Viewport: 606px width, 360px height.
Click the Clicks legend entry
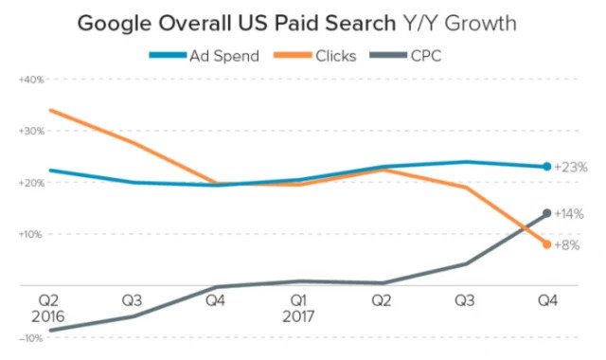click(322, 54)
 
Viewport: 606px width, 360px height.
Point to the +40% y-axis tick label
click(30, 80)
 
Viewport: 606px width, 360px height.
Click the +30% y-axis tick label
click(30, 131)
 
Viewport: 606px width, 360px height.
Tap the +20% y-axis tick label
click(30, 183)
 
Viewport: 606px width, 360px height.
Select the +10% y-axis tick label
click(30, 234)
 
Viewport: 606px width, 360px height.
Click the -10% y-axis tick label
click(30, 338)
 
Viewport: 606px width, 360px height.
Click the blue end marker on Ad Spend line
click(547, 167)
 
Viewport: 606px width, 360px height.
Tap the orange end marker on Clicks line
click(547, 244)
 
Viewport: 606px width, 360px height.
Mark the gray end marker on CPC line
click(547, 213)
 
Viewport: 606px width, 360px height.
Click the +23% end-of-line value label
click(570, 167)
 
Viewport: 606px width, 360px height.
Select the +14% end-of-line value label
click(570, 215)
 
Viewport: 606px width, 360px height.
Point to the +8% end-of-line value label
click(568, 245)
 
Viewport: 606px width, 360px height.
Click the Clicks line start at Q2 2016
click(49, 110)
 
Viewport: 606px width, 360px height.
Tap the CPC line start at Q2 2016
click(49, 331)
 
